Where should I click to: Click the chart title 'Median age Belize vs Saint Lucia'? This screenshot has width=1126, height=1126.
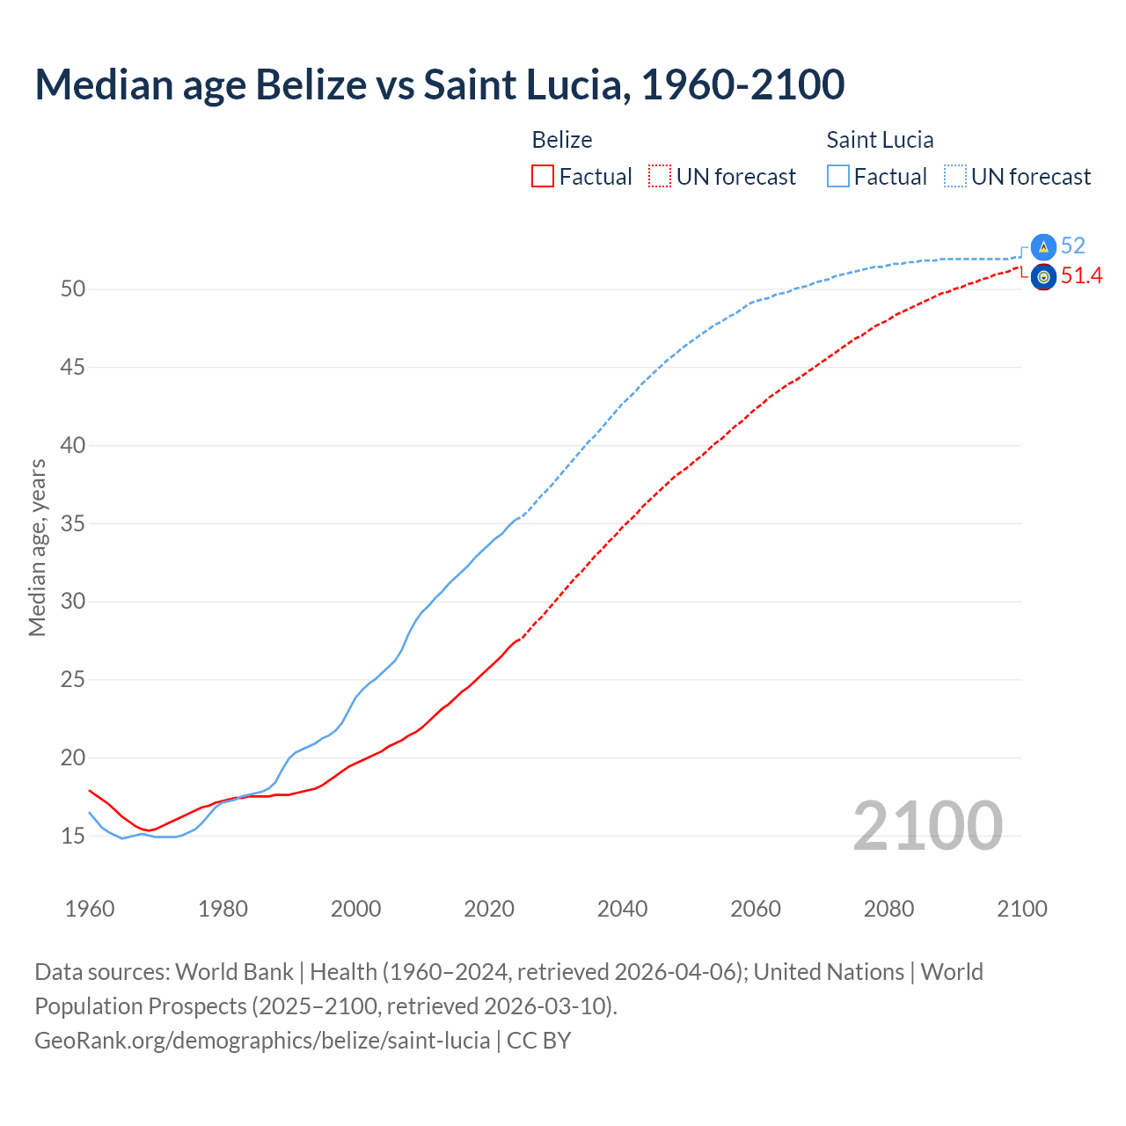[439, 84]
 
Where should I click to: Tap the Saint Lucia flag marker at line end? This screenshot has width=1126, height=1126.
[1043, 247]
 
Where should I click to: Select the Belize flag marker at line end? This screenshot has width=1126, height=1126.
[1043, 277]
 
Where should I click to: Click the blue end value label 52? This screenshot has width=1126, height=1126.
[1073, 246]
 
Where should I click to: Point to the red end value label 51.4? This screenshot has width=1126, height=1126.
[1081, 276]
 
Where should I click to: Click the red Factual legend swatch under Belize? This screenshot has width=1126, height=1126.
[543, 177]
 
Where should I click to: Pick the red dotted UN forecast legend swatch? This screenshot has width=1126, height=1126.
[660, 177]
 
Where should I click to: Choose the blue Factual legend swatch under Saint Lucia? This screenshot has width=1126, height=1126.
[838, 177]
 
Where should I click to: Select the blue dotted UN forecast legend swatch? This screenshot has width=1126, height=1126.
[954, 177]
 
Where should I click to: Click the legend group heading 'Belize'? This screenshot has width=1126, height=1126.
[562, 140]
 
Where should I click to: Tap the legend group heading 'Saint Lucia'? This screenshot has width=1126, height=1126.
[880, 140]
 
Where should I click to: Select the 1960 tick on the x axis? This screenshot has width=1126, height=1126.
[90, 909]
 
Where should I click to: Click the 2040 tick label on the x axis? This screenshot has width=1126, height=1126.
[622, 909]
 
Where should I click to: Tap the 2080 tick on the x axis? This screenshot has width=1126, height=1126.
[888, 909]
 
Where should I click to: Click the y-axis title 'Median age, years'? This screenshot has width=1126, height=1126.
[37, 547]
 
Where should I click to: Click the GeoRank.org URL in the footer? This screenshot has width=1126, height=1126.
[262, 1041]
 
